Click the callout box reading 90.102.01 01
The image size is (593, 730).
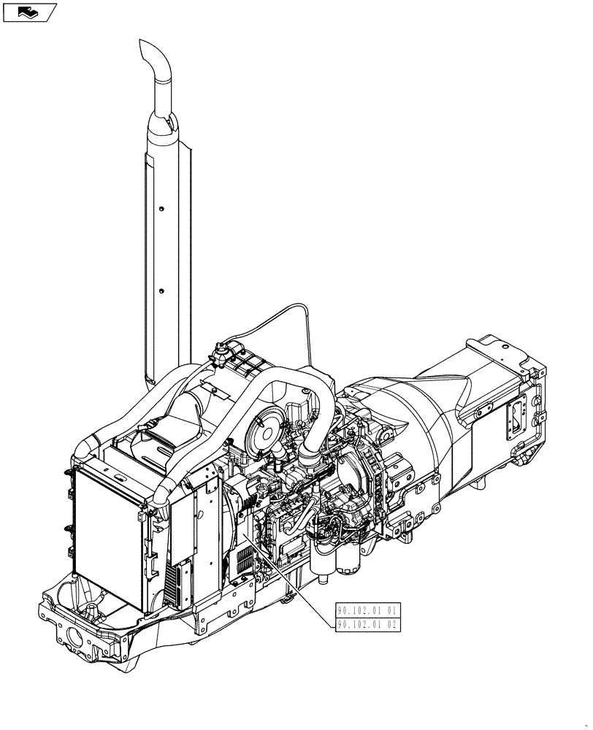(x=367, y=610)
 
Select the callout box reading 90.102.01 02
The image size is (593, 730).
(x=367, y=624)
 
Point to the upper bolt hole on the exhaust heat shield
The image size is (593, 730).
(x=160, y=207)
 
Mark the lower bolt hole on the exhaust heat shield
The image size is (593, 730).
(x=161, y=291)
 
